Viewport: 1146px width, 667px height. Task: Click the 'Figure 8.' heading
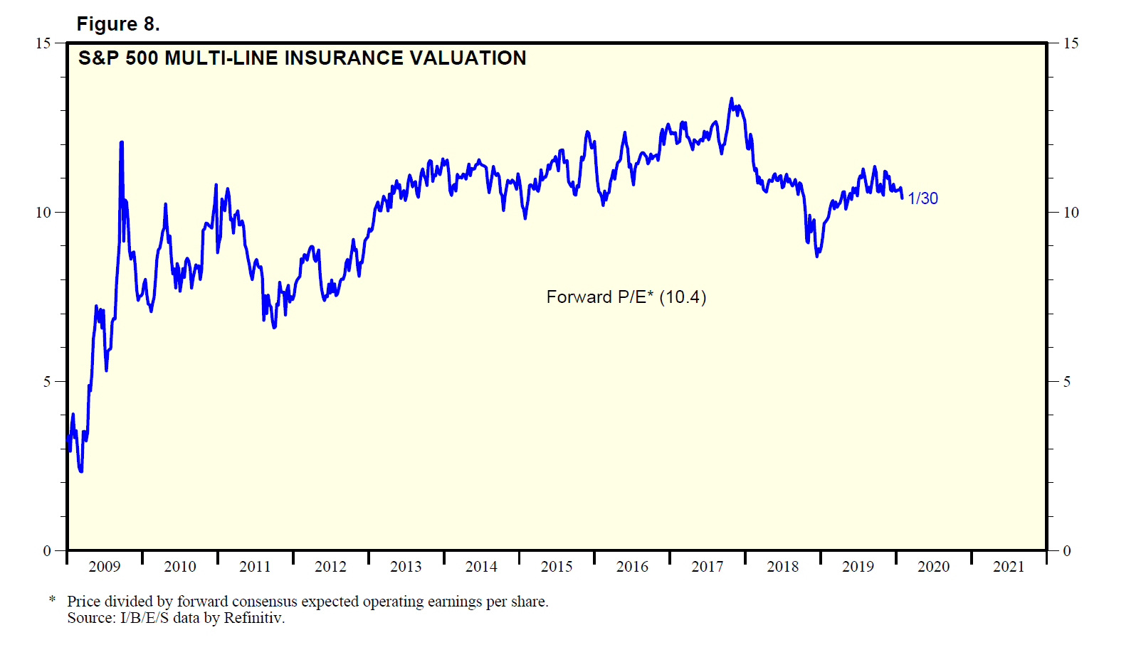click(x=118, y=24)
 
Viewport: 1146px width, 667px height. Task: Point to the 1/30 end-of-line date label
click(x=922, y=198)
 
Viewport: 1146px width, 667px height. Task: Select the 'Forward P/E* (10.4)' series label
click(x=626, y=297)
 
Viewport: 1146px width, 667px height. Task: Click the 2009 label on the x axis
click(x=105, y=567)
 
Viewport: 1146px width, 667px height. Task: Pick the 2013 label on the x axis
click(x=406, y=567)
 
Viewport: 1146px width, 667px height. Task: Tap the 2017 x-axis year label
click(x=707, y=567)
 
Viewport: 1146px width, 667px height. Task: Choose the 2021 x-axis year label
click(x=1008, y=567)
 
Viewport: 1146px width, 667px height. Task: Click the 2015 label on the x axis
click(x=557, y=567)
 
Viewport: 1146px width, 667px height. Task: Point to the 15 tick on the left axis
click(x=43, y=43)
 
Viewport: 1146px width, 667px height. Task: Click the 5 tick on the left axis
click(x=47, y=382)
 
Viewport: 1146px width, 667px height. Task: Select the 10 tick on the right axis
click(x=1071, y=213)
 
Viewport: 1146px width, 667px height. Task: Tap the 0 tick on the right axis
click(x=1066, y=551)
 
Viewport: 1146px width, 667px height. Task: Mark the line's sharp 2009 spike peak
click(x=121, y=142)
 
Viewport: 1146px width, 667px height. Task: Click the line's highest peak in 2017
click(x=731, y=99)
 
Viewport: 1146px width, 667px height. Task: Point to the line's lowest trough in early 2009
click(x=81, y=471)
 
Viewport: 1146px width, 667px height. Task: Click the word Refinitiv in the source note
click(x=253, y=618)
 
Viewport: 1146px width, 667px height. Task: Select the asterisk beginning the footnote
click(x=53, y=601)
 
